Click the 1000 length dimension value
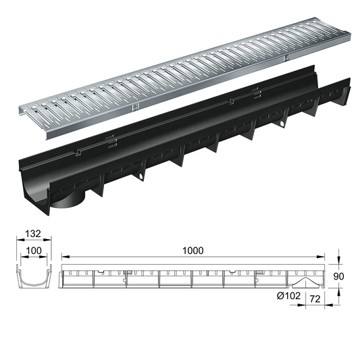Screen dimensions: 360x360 click(193, 249)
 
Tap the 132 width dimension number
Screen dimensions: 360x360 click(30, 234)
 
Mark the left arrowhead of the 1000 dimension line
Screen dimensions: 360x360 click(63, 257)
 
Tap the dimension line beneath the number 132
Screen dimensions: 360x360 click(30, 241)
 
